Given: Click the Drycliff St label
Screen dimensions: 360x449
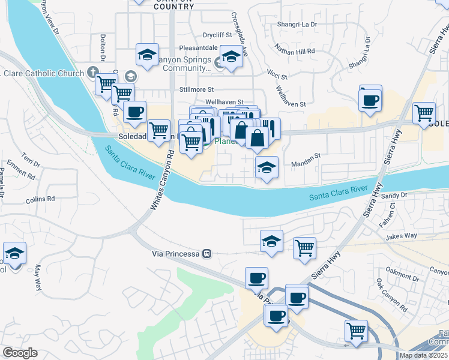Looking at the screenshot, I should tap(217, 35).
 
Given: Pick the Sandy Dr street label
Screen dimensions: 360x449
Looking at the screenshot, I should tap(394, 195).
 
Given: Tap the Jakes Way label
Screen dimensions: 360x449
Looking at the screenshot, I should tap(402, 236).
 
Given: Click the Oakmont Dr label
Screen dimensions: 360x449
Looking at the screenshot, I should tap(403, 274).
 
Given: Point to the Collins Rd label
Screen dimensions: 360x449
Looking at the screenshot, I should tap(40, 199).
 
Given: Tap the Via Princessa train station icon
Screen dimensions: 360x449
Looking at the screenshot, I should tap(206, 253).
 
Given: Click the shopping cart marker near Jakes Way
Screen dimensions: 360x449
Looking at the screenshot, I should tap(304, 247).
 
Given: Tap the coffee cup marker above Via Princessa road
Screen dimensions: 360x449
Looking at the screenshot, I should tap(256, 278).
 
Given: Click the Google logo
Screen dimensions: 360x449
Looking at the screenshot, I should tap(20, 353).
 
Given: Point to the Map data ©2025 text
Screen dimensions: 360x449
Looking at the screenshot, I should tap(423, 355).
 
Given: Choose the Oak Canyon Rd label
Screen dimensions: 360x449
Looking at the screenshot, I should tap(391, 295).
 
